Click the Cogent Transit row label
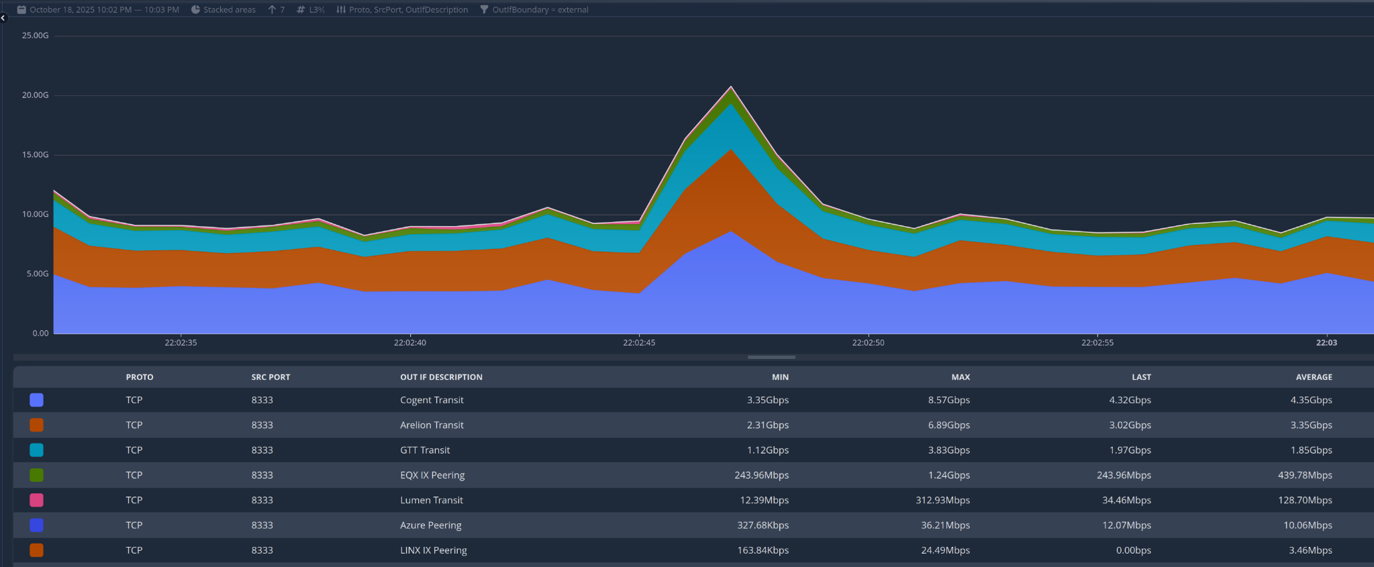click(432, 400)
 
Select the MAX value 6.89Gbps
click(948, 425)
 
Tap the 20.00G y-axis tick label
click(36, 95)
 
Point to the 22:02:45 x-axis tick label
click(639, 342)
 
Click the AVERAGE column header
click(1314, 377)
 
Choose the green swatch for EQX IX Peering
click(37, 475)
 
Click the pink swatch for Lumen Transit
click(37, 500)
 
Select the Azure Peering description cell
click(430, 525)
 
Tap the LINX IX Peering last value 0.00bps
click(1133, 550)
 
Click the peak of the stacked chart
click(731, 87)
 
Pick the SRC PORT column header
click(271, 377)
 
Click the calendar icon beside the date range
click(21, 9)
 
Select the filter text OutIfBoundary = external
click(540, 9)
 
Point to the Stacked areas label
click(230, 9)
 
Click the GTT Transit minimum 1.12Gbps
click(768, 450)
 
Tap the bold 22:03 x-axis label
click(1326, 342)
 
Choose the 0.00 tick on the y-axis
click(40, 333)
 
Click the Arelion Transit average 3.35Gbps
click(1311, 425)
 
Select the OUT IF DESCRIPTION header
click(441, 377)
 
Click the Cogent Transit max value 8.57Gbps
click(948, 400)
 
